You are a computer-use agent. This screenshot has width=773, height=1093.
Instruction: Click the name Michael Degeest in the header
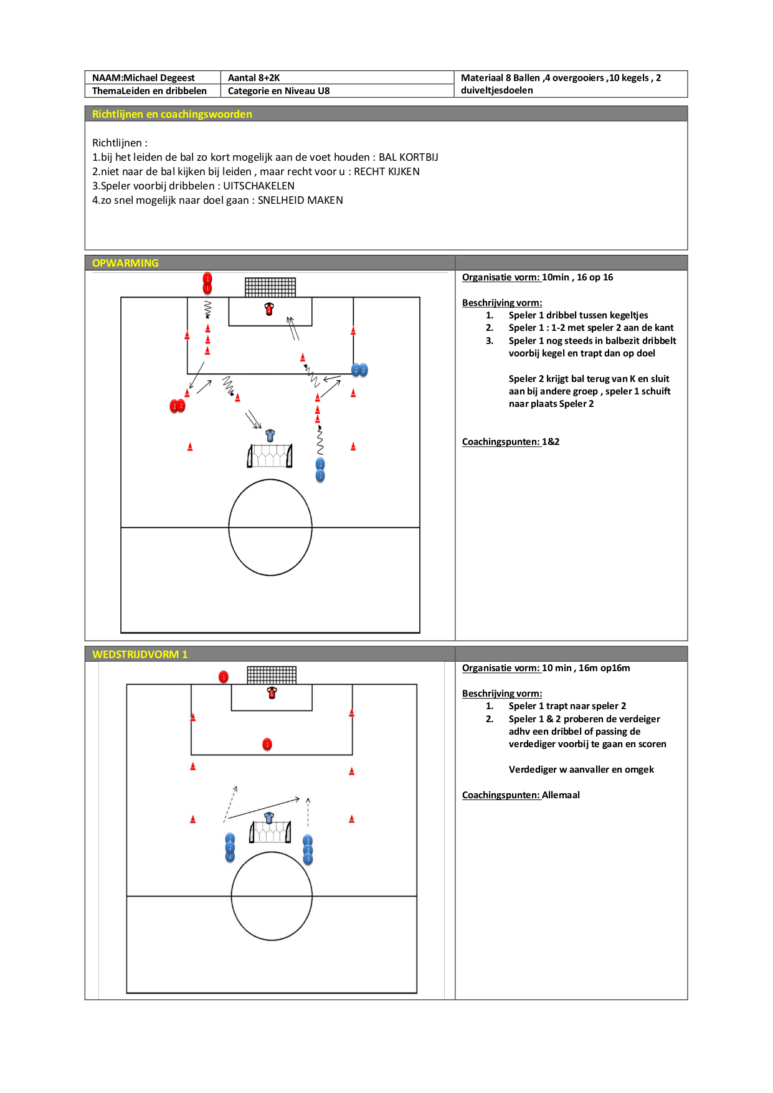[159, 78]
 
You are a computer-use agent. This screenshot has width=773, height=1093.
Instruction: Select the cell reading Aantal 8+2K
[337, 78]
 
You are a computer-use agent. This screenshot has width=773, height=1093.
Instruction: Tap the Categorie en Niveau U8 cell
[337, 91]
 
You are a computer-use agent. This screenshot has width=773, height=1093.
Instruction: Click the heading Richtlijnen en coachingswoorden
[172, 114]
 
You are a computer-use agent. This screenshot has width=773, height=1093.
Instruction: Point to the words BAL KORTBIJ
[409, 157]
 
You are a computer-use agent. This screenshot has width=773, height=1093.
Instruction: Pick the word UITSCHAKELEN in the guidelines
[259, 186]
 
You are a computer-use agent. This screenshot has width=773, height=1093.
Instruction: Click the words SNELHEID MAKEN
[300, 200]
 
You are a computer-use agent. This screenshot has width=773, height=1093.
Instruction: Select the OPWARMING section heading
[125, 263]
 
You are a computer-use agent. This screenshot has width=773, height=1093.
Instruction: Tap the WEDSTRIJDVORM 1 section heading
[140, 654]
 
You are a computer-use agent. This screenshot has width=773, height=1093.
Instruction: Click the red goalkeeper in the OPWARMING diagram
[269, 308]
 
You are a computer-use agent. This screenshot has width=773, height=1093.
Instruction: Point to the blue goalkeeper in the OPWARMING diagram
[270, 435]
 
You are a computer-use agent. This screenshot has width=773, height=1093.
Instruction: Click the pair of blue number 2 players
[359, 370]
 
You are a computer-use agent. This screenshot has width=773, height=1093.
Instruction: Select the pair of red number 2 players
[178, 406]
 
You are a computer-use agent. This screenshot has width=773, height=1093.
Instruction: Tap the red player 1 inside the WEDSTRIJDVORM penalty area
[267, 744]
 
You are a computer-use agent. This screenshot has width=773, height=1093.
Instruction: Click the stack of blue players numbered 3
[308, 850]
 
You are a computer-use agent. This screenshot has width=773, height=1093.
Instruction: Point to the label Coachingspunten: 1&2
[511, 442]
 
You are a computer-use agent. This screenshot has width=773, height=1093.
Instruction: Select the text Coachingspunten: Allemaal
[521, 795]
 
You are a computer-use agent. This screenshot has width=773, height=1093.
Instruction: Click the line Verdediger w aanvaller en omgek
[581, 770]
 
